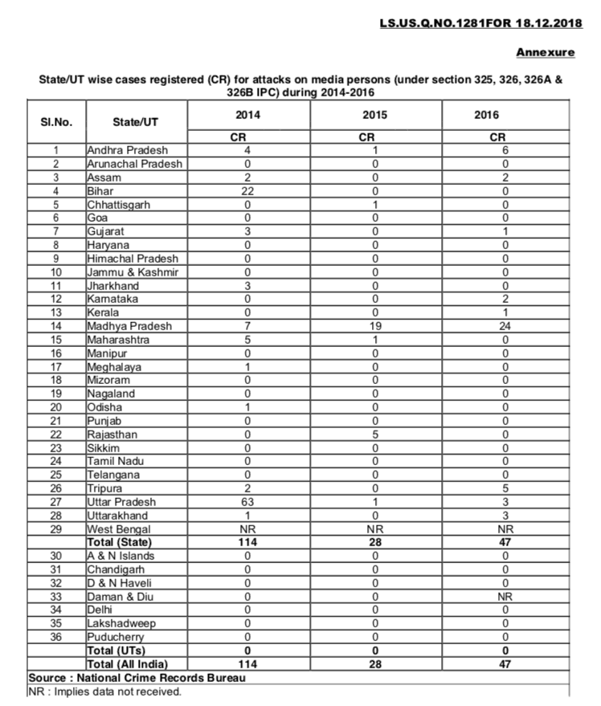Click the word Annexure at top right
[x=545, y=52]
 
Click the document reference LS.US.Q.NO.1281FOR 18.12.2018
[x=477, y=23]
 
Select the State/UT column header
[x=134, y=123]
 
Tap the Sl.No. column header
[x=56, y=123]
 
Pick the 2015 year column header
[x=374, y=115]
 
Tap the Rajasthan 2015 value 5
[x=374, y=435]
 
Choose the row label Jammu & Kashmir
[x=132, y=272]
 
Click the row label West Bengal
[x=118, y=529]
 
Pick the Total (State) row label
[x=121, y=543]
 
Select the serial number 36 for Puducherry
[x=56, y=637]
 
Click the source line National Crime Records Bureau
[x=137, y=678]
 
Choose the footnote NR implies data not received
[x=105, y=691]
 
